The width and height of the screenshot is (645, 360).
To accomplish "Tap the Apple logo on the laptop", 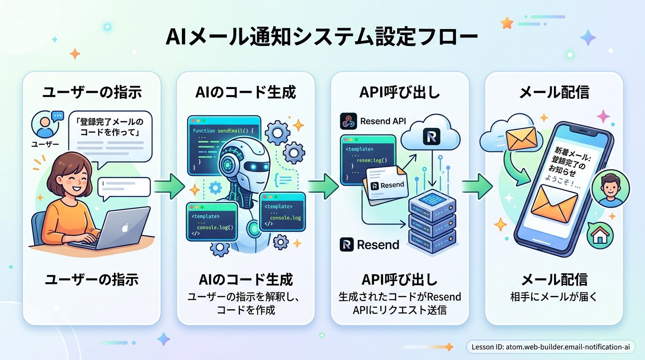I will point(125,228).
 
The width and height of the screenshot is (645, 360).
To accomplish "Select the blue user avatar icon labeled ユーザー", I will point(44,126).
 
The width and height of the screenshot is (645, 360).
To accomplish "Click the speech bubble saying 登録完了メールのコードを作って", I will point(111,127).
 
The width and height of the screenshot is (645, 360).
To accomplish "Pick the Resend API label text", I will point(382,121).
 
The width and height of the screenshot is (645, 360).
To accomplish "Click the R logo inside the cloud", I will point(431,136).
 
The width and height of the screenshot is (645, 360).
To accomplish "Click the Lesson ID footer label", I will point(551,347).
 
